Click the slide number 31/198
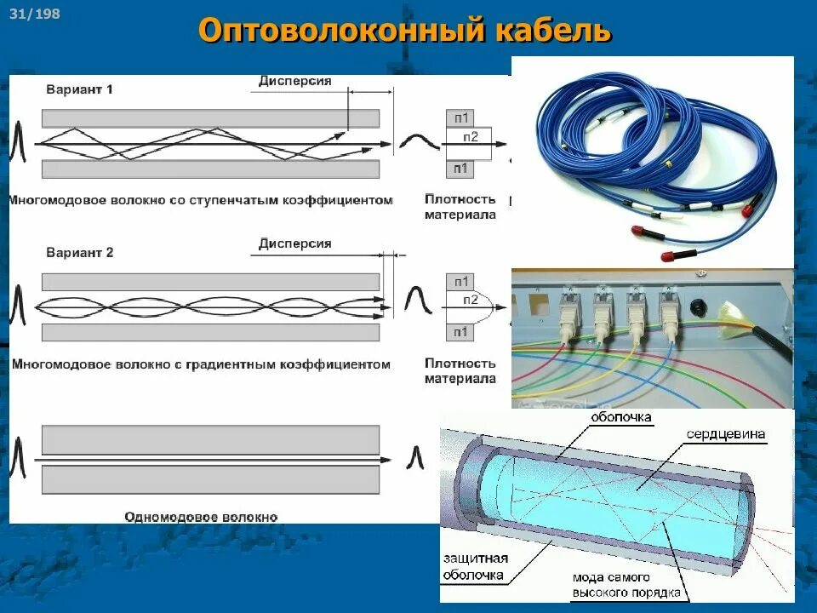pyautogui.click(x=36, y=14)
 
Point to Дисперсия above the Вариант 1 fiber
pyautogui.click(x=294, y=81)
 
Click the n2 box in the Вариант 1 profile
pyautogui.click(x=471, y=137)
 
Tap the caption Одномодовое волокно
pyautogui.click(x=201, y=516)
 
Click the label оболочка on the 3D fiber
pyautogui.click(x=622, y=417)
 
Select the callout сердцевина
pyautogui.click(x=726, y=434)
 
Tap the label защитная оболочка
pyautogui.click(x=475, y=566)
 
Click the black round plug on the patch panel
pyautogui.click(x=700, y=305)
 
